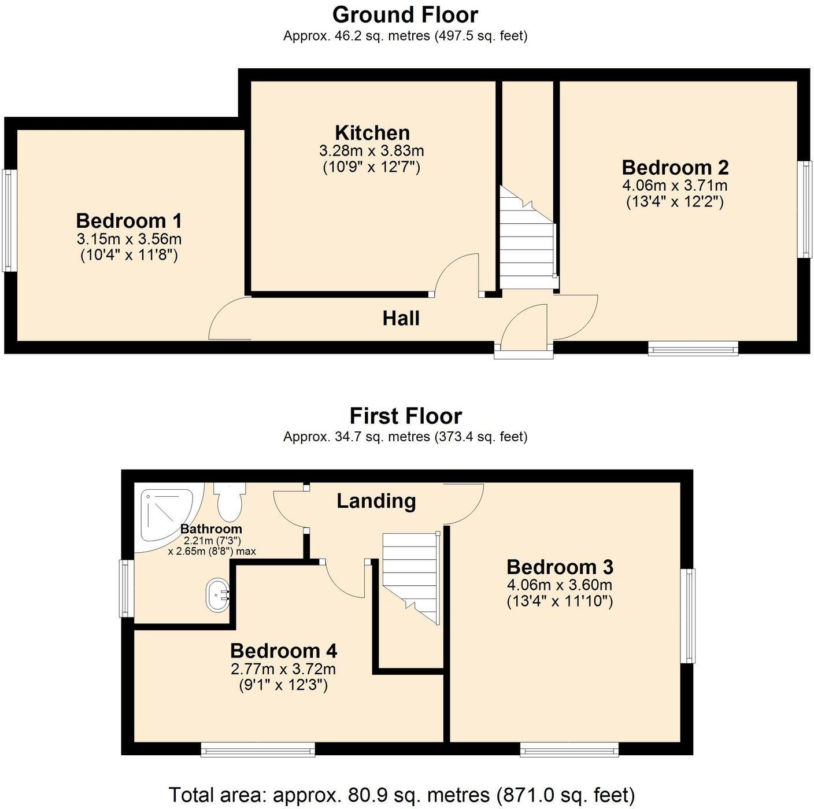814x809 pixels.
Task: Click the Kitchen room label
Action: click(372, 133)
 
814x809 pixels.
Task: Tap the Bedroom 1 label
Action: click(129, 221)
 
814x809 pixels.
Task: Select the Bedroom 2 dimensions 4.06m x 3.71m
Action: click(675, 186)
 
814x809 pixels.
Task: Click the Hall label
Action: click(401, 319)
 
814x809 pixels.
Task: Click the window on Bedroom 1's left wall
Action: click(8, 220)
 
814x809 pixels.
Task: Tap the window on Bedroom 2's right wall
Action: click(805, 209)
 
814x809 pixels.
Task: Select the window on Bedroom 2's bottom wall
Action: click(693, 348)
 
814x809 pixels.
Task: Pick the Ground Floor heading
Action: click(405, 14)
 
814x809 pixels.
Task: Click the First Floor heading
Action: click(405, 416)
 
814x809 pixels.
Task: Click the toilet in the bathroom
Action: click(230, 501)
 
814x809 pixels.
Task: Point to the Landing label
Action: click(376, 501)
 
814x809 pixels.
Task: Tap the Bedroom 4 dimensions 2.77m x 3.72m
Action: click(283, 669)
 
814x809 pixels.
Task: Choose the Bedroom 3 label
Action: click(560, 567)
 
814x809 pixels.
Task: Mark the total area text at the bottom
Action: click(401, 795)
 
